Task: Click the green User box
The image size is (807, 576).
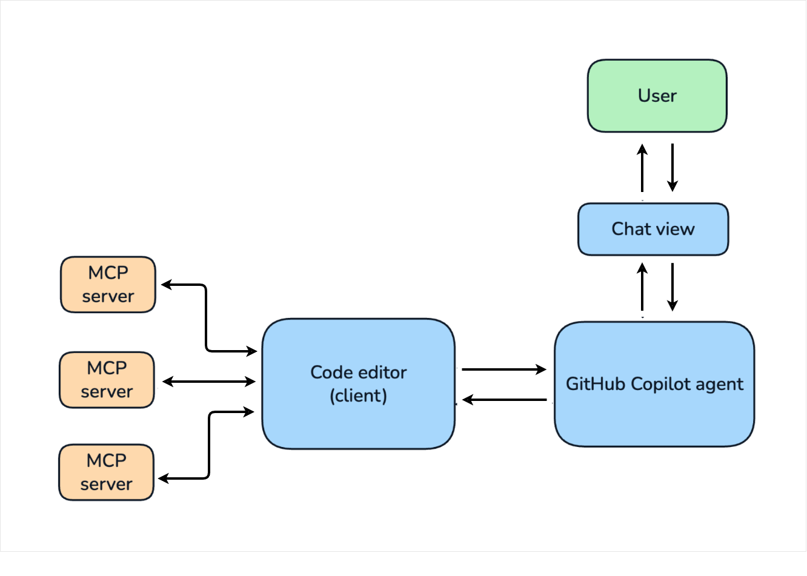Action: pos(657,96)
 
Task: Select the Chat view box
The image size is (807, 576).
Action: pos(653,229)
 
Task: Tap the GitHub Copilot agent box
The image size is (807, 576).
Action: pos(654,384)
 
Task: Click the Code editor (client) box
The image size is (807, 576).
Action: pos(359,383)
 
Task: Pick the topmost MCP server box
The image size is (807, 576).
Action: pos(108,285)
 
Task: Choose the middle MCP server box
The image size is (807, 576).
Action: pos(107,380)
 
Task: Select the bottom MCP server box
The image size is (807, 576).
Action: pos(106,472)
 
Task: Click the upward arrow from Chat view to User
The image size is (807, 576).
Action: pos(642,168)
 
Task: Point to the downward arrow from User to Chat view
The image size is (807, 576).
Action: pos(672,168)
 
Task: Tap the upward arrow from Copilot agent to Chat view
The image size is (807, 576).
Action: pos(642,286)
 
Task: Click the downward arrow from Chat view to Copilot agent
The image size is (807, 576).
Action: pos(672,286)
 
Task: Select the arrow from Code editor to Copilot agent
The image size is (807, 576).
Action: pos(504,369)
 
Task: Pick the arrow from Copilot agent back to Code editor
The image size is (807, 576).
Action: pos(504,400)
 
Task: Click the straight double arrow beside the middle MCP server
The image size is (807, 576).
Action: pos(209,382)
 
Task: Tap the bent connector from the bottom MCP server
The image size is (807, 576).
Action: pos(209,445)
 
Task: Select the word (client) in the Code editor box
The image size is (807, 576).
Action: pos(359,396)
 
